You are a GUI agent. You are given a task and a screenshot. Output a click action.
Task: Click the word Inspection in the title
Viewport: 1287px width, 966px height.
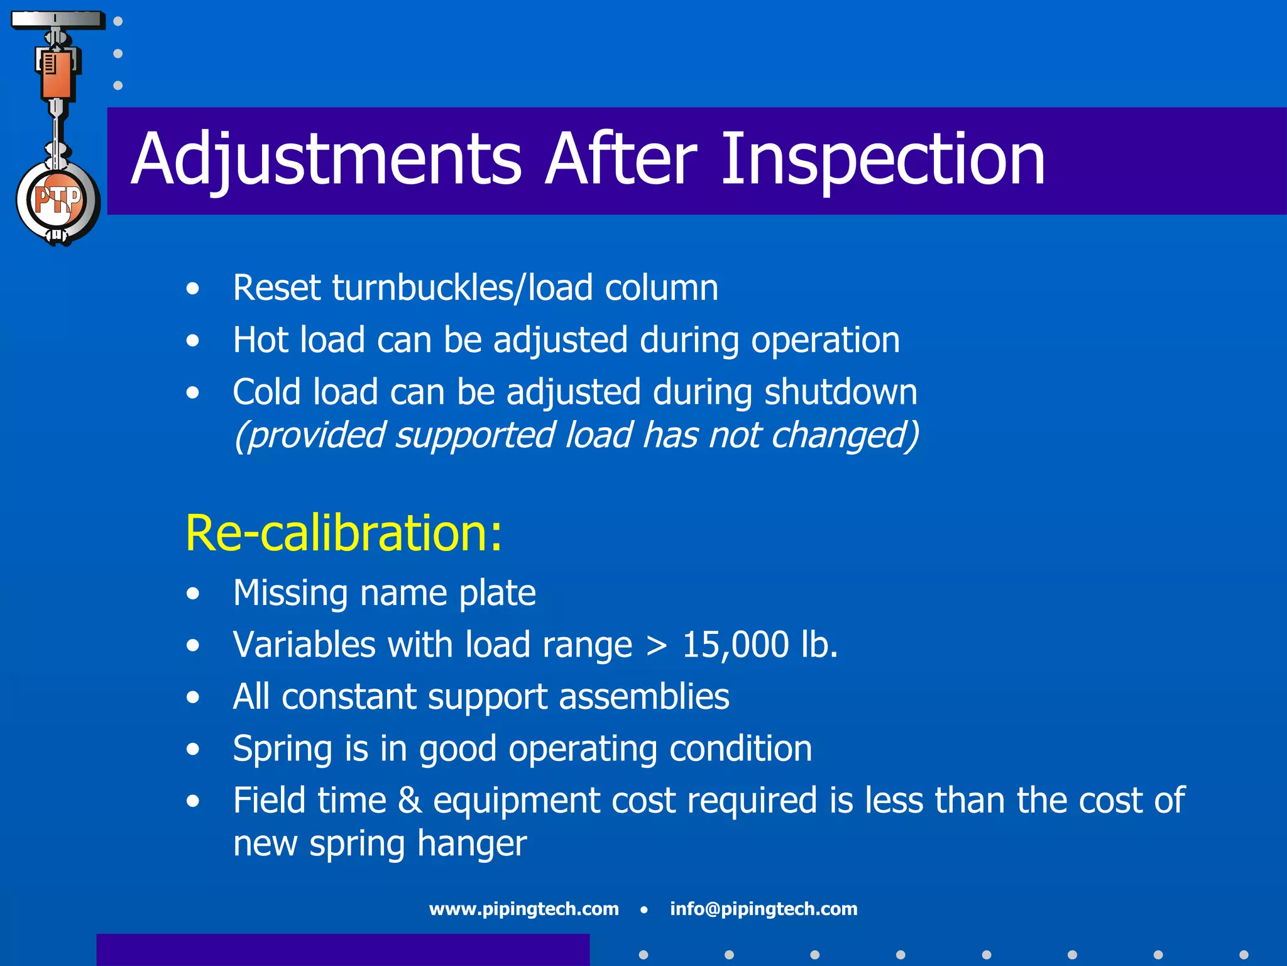tap(882, 160)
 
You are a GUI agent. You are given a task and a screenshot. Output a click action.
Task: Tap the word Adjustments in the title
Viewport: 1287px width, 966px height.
tap(326, 160)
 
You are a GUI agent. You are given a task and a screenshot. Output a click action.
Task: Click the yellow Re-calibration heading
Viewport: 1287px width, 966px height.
tap(344, 533)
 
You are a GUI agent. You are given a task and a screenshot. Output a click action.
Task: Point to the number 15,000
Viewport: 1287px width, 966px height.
tap(735, 645)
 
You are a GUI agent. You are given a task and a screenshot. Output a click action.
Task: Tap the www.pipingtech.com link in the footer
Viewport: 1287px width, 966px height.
tap(523, 909)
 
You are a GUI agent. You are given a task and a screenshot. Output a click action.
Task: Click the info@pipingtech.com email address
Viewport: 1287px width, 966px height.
tap(764, 909)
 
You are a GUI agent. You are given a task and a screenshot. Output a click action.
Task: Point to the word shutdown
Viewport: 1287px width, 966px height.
tap(840, 392)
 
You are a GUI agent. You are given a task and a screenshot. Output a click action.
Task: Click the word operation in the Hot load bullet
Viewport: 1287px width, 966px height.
tap(825, 340)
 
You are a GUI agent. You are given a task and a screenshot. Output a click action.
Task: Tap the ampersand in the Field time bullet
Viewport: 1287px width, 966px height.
tap(409, 801)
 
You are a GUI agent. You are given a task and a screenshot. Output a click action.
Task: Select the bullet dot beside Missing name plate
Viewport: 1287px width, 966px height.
tap(193, 594)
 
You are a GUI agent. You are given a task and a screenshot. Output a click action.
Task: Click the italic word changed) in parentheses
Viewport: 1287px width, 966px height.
tap(845, 435)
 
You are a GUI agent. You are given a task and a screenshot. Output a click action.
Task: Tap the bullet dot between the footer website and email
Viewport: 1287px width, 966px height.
tap(644, 909)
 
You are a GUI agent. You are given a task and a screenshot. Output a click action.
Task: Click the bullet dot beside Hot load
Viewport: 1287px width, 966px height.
tap(193, 341)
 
